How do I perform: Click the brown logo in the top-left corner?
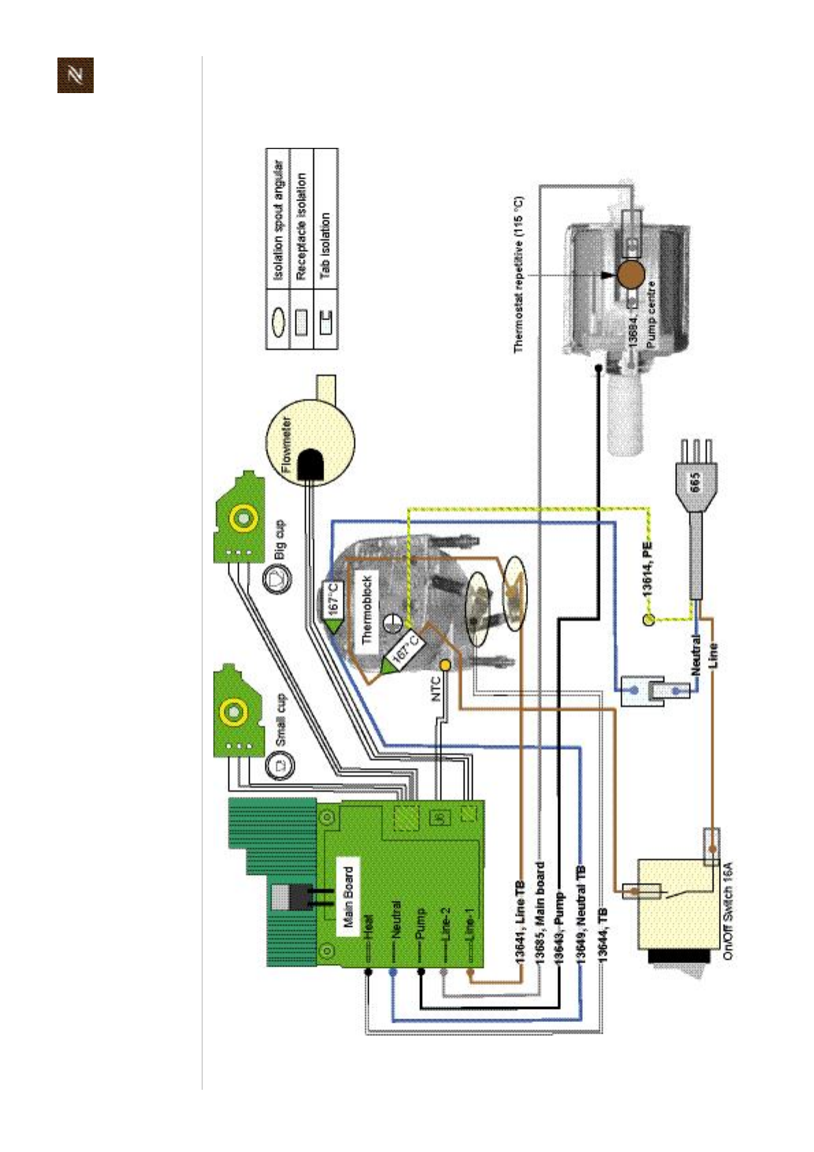[75, 75]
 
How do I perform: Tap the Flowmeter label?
[287, 445]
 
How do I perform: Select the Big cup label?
[280, 539]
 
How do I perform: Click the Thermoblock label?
[367, 610]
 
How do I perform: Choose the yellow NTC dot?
[445, 665]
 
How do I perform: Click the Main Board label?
[349, 897]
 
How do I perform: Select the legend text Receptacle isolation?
[301, 226]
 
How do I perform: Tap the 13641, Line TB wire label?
[519, 921]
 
